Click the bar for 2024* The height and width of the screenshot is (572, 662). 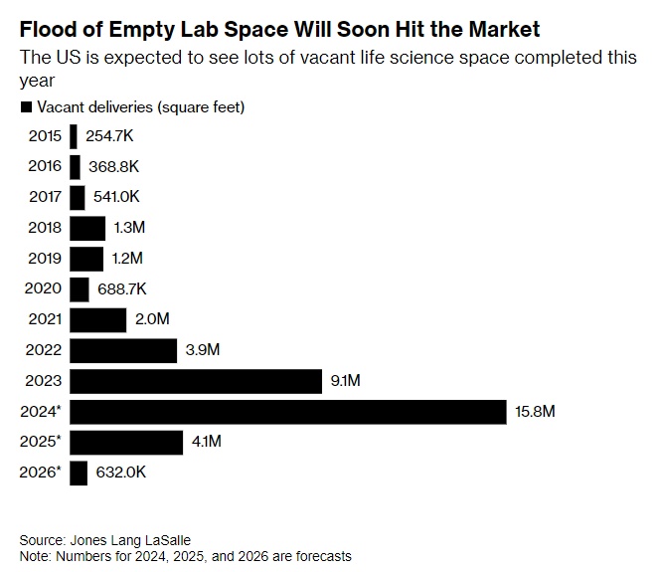point(288,411)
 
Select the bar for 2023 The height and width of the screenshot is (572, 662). point(196,380)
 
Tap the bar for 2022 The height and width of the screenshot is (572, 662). point(124,350)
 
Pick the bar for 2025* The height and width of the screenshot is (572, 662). point(126,441)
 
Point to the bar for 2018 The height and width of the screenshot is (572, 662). point(87,228)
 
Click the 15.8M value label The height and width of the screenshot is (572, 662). point(534,411)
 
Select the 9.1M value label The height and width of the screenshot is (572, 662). point(345,380)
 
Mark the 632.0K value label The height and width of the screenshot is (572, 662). point(121,472)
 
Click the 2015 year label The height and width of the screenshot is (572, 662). point(45,137)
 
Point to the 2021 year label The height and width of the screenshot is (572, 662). point(45,319)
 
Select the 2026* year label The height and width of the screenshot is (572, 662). point(41,472)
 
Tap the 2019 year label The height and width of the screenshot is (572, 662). point(45,259)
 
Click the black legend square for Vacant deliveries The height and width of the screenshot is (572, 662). point(25,106)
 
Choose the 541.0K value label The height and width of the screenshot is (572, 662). point(116,198)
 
